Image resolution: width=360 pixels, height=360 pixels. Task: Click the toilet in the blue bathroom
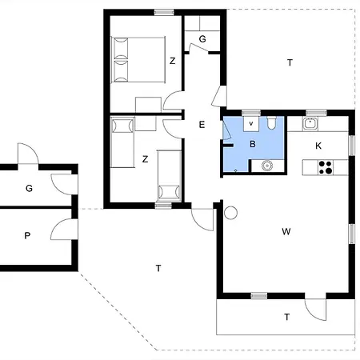pos(271,122)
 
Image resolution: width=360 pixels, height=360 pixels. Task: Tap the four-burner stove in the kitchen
pos(326,167)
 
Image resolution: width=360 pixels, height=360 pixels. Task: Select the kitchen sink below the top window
pos(310,124)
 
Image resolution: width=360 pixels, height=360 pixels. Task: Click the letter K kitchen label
pos(318,146)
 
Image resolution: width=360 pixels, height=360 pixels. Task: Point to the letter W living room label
pos(286,231)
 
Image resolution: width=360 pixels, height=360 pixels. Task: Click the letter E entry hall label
pos(202,125)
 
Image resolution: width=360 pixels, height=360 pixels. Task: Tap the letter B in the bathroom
pos(253,144)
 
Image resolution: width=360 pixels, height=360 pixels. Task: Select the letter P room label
pos(27,235)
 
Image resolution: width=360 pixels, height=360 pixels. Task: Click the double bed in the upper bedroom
pos(138,59)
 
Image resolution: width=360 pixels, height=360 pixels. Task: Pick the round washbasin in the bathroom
pos(266,166)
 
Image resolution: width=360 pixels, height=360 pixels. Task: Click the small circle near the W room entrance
pos(230,213)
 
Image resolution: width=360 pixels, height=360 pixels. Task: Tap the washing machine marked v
pos(251,124)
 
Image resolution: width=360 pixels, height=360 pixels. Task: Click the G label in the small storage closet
pos(202,39)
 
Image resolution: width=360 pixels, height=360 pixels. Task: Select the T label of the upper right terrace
pos(290,62)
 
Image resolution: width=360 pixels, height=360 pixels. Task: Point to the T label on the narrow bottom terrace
pos(286,317)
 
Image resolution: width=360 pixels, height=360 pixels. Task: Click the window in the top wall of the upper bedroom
pos(164,12)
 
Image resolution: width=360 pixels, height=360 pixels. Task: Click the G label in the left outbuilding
pos(29,188)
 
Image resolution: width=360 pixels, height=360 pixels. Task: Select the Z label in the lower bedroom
pos(145,159)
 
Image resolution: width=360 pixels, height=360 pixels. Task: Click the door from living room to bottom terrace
pos(315,310)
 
